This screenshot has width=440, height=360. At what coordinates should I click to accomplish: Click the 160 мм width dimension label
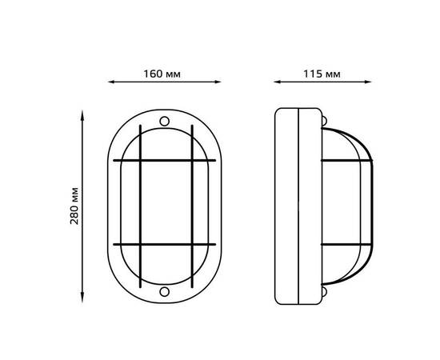(162, 74)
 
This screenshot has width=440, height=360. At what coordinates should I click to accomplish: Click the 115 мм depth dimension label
(322, 74)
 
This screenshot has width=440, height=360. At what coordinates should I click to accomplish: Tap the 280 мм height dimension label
(74, 206)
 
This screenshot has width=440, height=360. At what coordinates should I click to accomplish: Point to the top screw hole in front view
(165, 122)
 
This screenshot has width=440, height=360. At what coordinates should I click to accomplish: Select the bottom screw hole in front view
(165, 291)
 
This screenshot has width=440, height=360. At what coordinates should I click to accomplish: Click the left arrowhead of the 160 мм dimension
(111, 82)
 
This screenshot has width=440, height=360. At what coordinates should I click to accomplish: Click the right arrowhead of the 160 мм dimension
(218, 82)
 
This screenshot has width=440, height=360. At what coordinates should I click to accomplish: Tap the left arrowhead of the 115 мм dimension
(277, 82)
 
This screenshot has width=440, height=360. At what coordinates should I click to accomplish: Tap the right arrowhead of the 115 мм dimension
(368, 82)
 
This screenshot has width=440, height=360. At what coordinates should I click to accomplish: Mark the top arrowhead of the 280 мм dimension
(82, 114)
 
